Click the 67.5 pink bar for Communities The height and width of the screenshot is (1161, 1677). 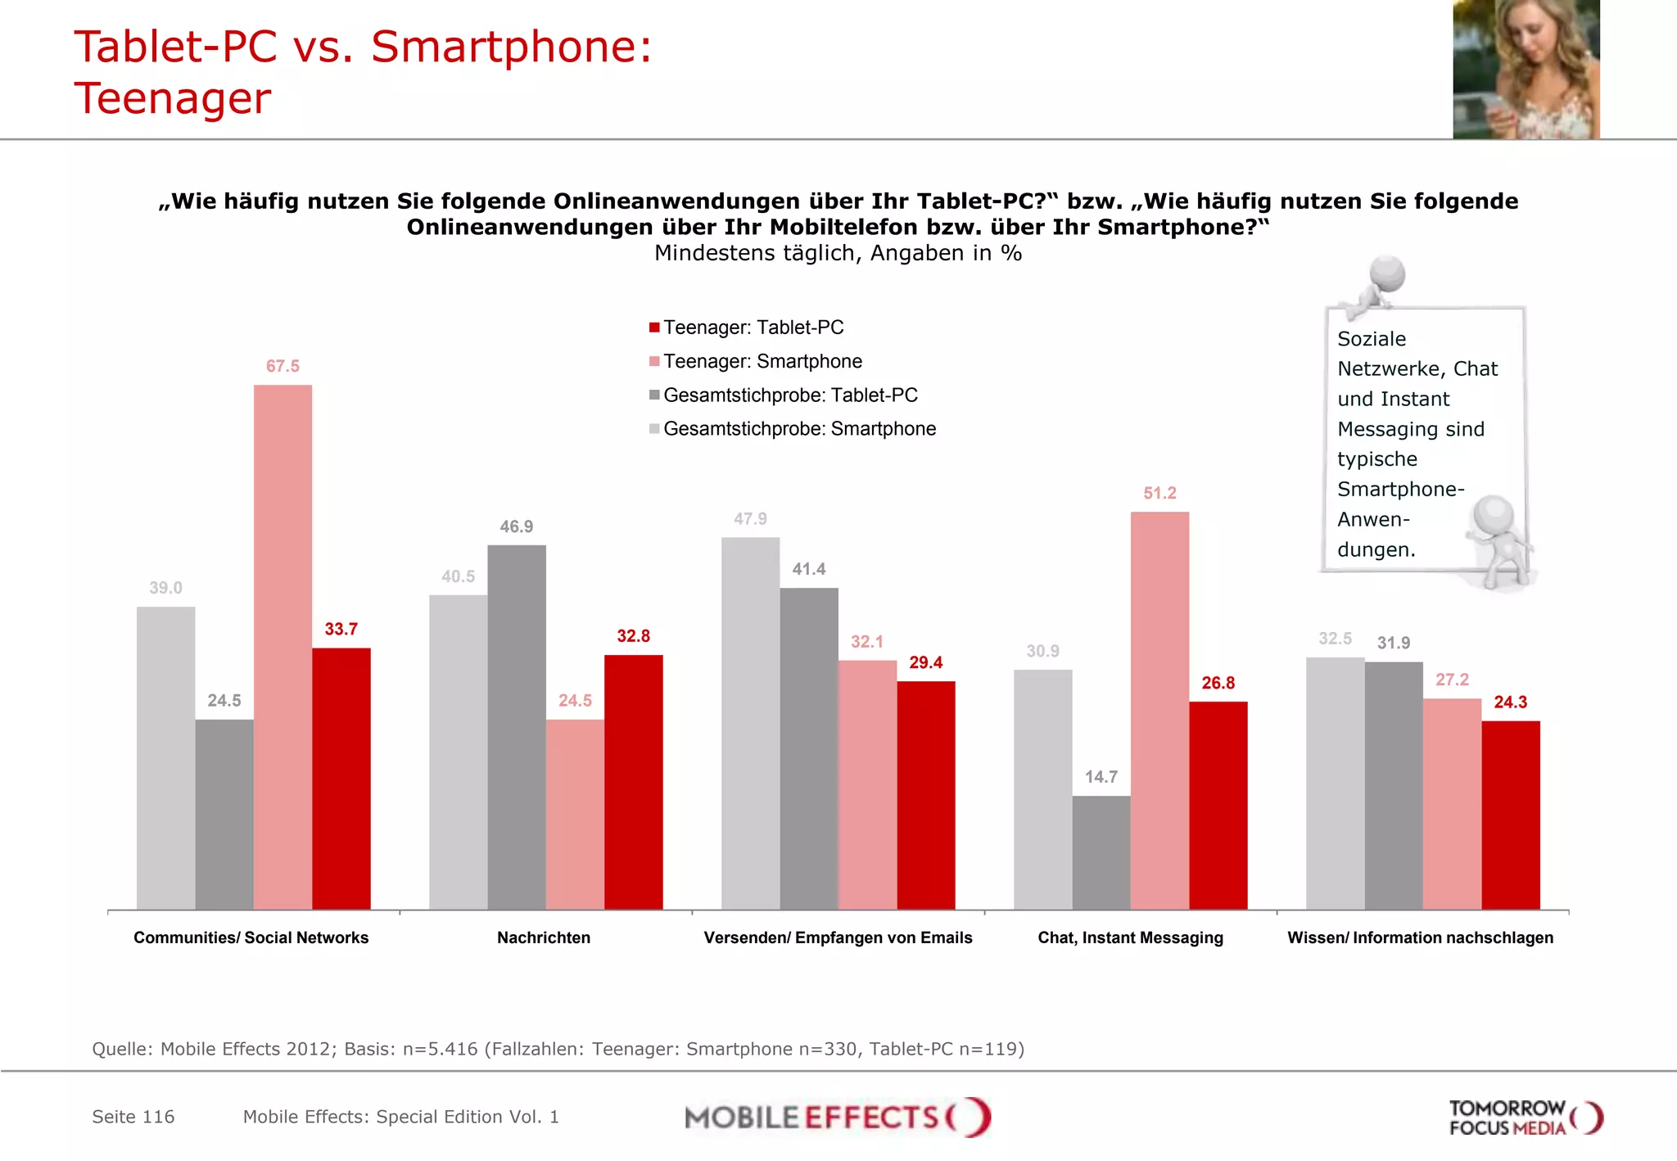click(283, 647)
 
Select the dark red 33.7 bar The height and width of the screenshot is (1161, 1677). click(341, 778)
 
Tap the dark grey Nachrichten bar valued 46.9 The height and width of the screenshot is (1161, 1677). click(517, 727)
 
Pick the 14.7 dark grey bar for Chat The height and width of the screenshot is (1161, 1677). click(1101, 852)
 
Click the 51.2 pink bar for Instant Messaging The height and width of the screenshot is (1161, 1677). click(1159, 711)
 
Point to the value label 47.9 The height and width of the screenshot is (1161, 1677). click(750, 519)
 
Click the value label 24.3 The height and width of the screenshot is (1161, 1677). click(1510, 702)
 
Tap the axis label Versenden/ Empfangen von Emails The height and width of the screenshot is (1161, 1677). click(838, 938)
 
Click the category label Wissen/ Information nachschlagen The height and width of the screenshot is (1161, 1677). click(1420, 938)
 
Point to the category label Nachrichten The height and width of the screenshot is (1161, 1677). click(544, 938)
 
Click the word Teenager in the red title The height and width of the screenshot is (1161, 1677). click(173, 99)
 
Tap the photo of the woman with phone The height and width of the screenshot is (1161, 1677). click(1526, 70)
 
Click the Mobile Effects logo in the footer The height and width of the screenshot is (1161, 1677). click(838, 1118)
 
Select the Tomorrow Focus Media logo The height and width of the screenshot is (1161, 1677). click(1525, 1118)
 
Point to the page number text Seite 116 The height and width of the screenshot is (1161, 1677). click(133, 1118)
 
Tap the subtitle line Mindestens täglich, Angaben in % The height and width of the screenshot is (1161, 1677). click(838, 254)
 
